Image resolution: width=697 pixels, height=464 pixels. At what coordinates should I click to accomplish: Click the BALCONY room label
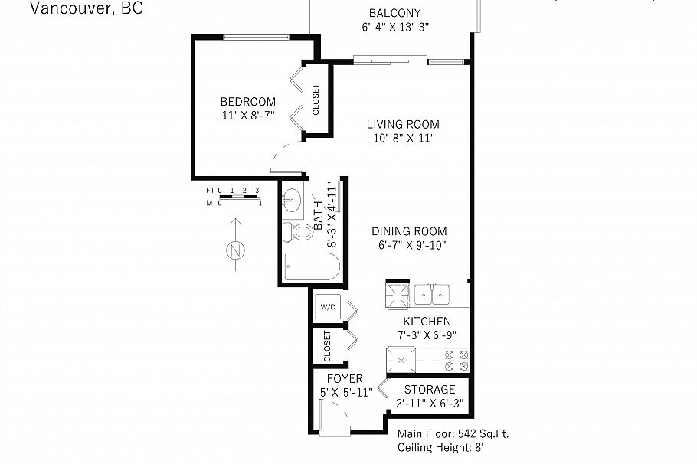(394, 13)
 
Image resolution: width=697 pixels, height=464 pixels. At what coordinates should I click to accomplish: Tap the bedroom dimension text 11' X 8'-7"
(247, 116)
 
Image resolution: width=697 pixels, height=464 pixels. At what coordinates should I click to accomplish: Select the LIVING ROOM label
(402, 124)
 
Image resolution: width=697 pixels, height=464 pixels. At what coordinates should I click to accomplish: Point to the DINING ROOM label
(409, 231)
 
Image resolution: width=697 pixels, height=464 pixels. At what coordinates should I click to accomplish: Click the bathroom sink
(291, 201)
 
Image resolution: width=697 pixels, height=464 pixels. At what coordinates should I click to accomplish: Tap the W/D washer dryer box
(328, 307)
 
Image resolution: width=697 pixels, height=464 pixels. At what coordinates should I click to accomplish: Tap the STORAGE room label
(430, 389)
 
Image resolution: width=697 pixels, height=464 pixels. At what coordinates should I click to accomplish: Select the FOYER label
(345, 379)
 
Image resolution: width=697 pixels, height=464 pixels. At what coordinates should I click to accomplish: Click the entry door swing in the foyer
(335, 420)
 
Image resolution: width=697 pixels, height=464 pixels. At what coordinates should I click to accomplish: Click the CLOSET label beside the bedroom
(316, 100)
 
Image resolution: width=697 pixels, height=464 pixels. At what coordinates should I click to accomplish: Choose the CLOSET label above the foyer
(327, 347)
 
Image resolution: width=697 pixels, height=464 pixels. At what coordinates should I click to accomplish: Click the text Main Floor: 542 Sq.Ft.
(453, 433)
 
